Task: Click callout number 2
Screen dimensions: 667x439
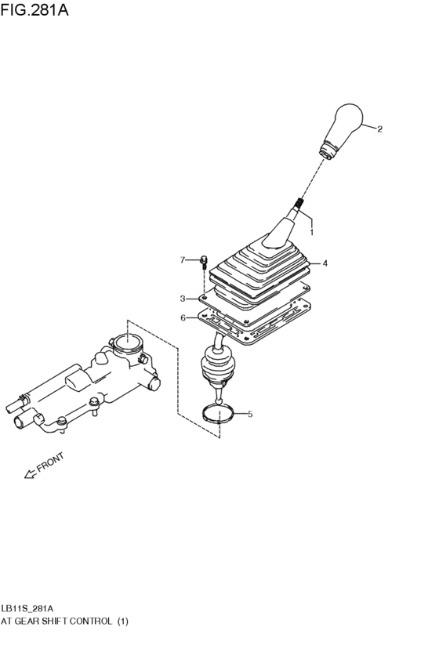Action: [x=380, y=129]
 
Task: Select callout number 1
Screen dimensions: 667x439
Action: [x=311, y=233]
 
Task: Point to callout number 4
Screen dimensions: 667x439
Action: [x=325, y=263]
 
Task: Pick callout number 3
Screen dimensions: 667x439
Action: [x=182, y=299]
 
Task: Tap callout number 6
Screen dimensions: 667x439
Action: [x=183, y=318]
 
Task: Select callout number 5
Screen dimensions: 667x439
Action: [x=250, y=414]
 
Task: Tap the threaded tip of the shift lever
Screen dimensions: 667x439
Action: [x=299, y=207]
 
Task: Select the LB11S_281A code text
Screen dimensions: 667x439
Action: [x=27, y=608]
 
